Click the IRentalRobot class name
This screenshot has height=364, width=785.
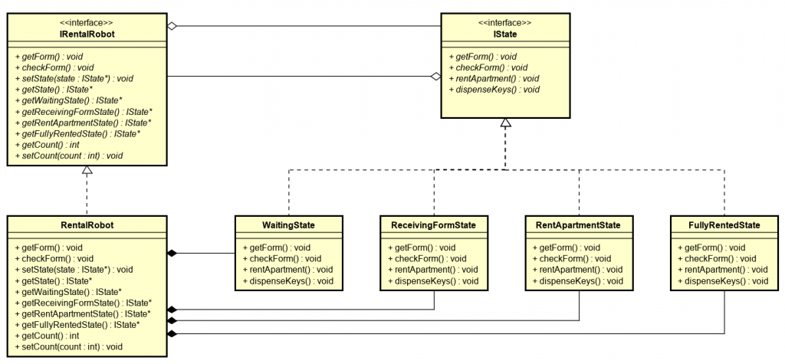[87, 34]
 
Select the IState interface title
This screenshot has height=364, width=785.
[505, 34]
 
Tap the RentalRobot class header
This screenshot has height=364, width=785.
[87, 225]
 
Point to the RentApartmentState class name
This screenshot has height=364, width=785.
[578, 225]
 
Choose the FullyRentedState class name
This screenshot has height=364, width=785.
[724, 225]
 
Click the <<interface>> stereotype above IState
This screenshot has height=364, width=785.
[505, 22]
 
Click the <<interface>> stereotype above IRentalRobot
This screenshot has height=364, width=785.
[87, 22]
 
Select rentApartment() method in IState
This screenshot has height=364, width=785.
[498, 78]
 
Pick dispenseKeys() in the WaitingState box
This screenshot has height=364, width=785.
[281, 281]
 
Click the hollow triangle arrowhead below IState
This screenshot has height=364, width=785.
[505, 123]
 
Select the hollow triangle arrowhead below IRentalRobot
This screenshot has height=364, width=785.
[87, 171]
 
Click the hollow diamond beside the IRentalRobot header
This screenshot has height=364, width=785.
[173, 26]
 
